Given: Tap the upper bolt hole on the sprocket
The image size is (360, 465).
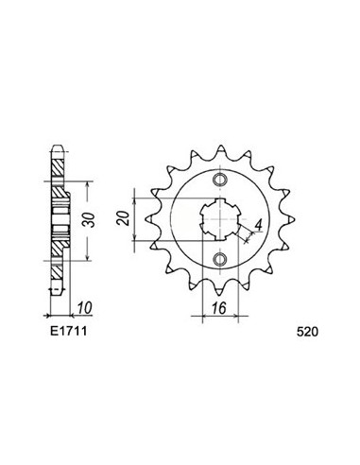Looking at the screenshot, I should click(x=220, y=181).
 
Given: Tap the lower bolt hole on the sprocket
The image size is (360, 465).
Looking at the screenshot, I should click(x=220, y=259).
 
